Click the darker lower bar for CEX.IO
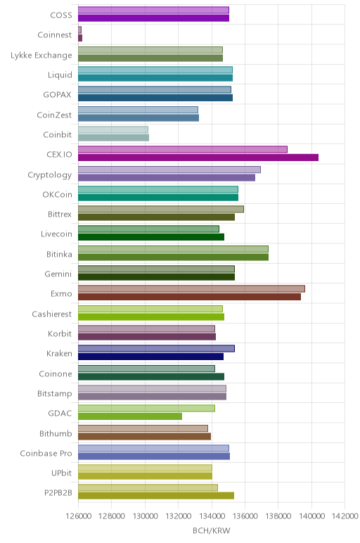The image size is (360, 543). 198,158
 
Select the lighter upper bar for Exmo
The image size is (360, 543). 191,289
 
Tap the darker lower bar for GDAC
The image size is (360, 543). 130,416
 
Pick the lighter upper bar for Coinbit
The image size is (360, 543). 113,129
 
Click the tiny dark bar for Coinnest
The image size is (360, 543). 80,38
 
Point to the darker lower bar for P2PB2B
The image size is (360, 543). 156,496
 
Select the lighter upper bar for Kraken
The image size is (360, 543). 157,348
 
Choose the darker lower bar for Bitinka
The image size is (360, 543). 173,257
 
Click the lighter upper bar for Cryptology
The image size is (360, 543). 169,170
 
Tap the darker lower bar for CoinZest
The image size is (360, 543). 139,117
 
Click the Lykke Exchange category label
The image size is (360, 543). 41,56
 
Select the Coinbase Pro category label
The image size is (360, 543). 46,453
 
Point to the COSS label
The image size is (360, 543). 61,15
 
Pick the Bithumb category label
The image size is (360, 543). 56,433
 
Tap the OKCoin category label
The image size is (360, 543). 58,195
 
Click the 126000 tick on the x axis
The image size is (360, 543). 78,516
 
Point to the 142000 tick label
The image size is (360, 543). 345,516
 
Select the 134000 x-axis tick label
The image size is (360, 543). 212,516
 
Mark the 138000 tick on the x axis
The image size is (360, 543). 278,516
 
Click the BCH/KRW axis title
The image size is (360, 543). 211,530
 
